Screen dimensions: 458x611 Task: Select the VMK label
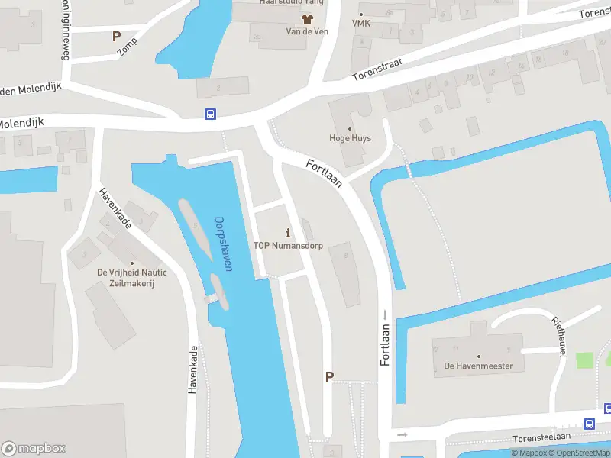(360, 24)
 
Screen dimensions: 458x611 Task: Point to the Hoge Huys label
(351, 138)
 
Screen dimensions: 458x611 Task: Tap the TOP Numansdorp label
(287, 246)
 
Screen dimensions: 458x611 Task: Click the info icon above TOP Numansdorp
(288, 232)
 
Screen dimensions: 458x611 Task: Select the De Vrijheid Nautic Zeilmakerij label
(132, 277)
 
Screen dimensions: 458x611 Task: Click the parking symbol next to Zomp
(116, 36)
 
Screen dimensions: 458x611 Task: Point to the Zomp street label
(127, 47)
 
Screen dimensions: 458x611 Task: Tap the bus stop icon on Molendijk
(210, 114)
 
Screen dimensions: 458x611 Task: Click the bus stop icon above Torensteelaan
(589, 424)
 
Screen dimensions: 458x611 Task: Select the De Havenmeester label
(479, 366)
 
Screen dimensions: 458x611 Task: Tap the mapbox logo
(33, 448)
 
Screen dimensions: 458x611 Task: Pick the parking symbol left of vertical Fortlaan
(330, 376)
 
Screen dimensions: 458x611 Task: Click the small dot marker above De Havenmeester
(479, 356)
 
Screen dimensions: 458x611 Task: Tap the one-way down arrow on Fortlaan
(386, 315)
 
